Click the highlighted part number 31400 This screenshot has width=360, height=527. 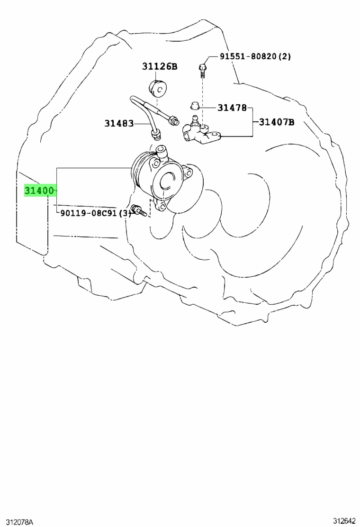39,191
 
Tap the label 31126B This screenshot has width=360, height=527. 160,66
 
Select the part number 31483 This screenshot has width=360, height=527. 119,123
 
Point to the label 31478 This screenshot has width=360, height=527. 232,108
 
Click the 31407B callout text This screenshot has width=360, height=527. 276,122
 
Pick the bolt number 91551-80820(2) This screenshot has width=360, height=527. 255,56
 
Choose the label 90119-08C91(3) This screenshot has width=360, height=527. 96,213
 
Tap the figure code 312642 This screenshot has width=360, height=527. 344,521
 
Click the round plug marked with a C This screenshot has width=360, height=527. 157,89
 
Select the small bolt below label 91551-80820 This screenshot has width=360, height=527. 203,70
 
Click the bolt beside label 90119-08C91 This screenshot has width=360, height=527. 139,210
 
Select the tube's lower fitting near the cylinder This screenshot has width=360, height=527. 156,135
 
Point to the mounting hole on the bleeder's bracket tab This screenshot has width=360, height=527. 215,136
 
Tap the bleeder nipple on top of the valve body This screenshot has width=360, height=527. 195,120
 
